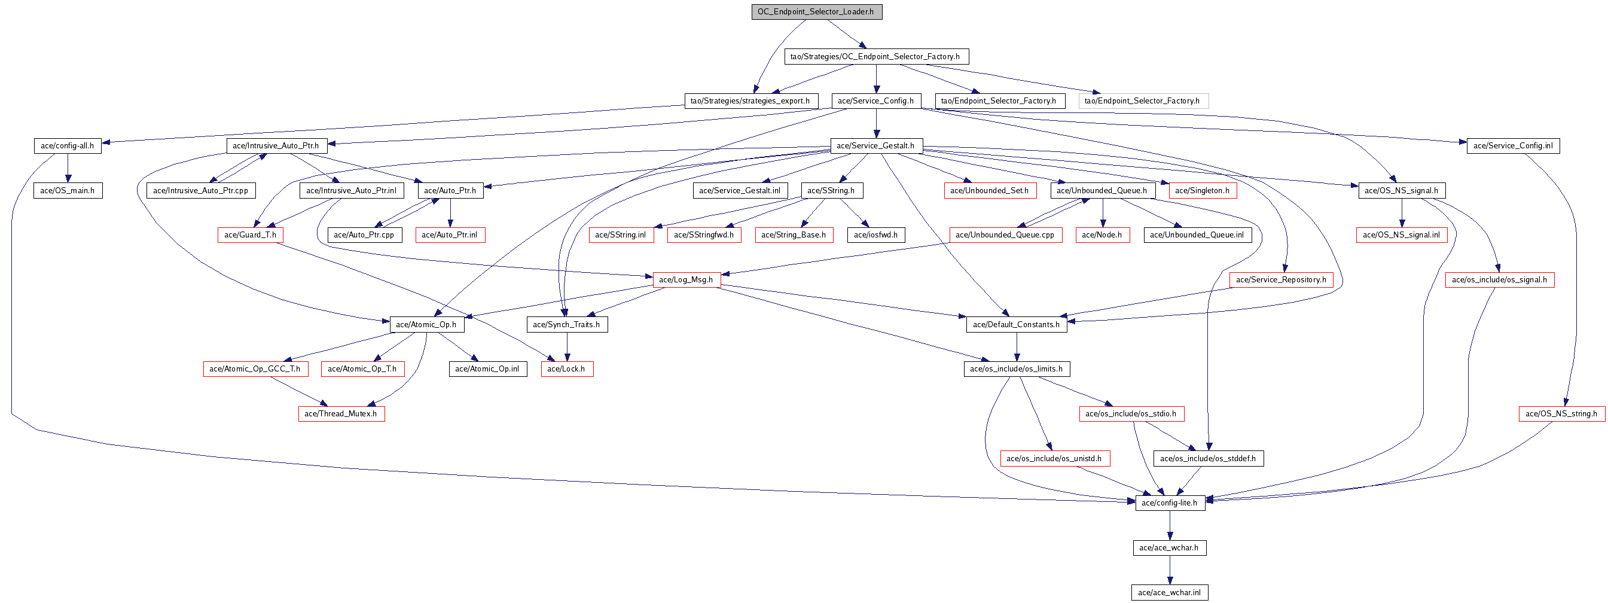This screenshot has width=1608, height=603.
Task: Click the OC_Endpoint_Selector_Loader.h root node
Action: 816,12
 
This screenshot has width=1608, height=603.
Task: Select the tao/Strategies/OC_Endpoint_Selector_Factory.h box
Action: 875,57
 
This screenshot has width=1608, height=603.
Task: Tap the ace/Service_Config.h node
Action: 875,101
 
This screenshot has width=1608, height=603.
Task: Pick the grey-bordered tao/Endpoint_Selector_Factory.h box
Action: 1142,101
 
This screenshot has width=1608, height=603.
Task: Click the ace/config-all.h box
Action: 68,146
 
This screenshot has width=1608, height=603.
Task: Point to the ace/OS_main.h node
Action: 68,191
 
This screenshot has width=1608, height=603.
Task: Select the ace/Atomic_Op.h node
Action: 426,325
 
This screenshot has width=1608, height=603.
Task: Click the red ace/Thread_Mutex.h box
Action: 341,414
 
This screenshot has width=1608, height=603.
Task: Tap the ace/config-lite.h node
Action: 1169,503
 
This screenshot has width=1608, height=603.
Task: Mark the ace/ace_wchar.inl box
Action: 1169,593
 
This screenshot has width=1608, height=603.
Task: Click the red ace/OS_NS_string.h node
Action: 1561,414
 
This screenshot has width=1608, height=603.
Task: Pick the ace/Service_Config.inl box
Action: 1512,146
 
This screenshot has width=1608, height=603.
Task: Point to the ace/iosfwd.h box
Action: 875,235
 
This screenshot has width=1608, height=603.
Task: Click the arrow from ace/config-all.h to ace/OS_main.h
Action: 68,169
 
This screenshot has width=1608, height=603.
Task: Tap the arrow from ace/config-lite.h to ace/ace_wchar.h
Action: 1169,526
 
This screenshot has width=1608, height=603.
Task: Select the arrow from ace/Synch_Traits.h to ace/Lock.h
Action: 567,347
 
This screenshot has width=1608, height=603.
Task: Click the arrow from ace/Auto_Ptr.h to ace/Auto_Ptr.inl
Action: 450,213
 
